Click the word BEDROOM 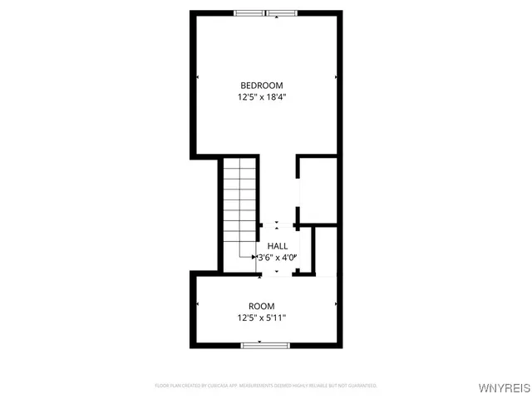(x=262, y=86)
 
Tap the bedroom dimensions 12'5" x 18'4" (x=262, y=97)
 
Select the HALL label (x=278, y=246)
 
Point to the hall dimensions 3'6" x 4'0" (x=278, y=258)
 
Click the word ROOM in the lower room (x=261, y=306)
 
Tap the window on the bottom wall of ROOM (x=264, y=345)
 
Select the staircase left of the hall (x=240, y=208)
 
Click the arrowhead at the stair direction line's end (x=254, y=258)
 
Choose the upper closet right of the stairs (x=318, y=190)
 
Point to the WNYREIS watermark (x=502, y=388)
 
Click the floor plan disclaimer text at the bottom (x=266, y=386)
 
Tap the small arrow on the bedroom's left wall (x=198, y=77)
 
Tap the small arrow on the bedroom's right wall (x=336, y=77)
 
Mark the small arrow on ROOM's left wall (x=198, y=304)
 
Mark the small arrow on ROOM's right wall (x=336, y=304)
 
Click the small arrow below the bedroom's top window (x=265, y=18)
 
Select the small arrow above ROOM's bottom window (x=259, y=340)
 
